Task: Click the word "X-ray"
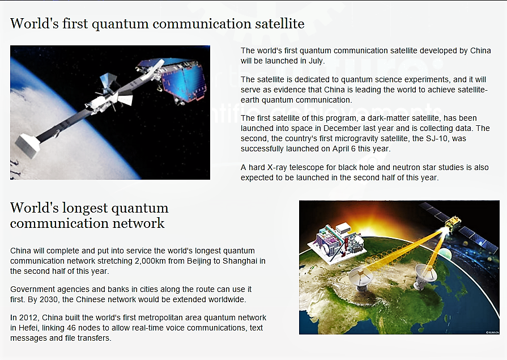(280, 167)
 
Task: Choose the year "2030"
(71, 299)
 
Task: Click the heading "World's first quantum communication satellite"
(157, 23)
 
